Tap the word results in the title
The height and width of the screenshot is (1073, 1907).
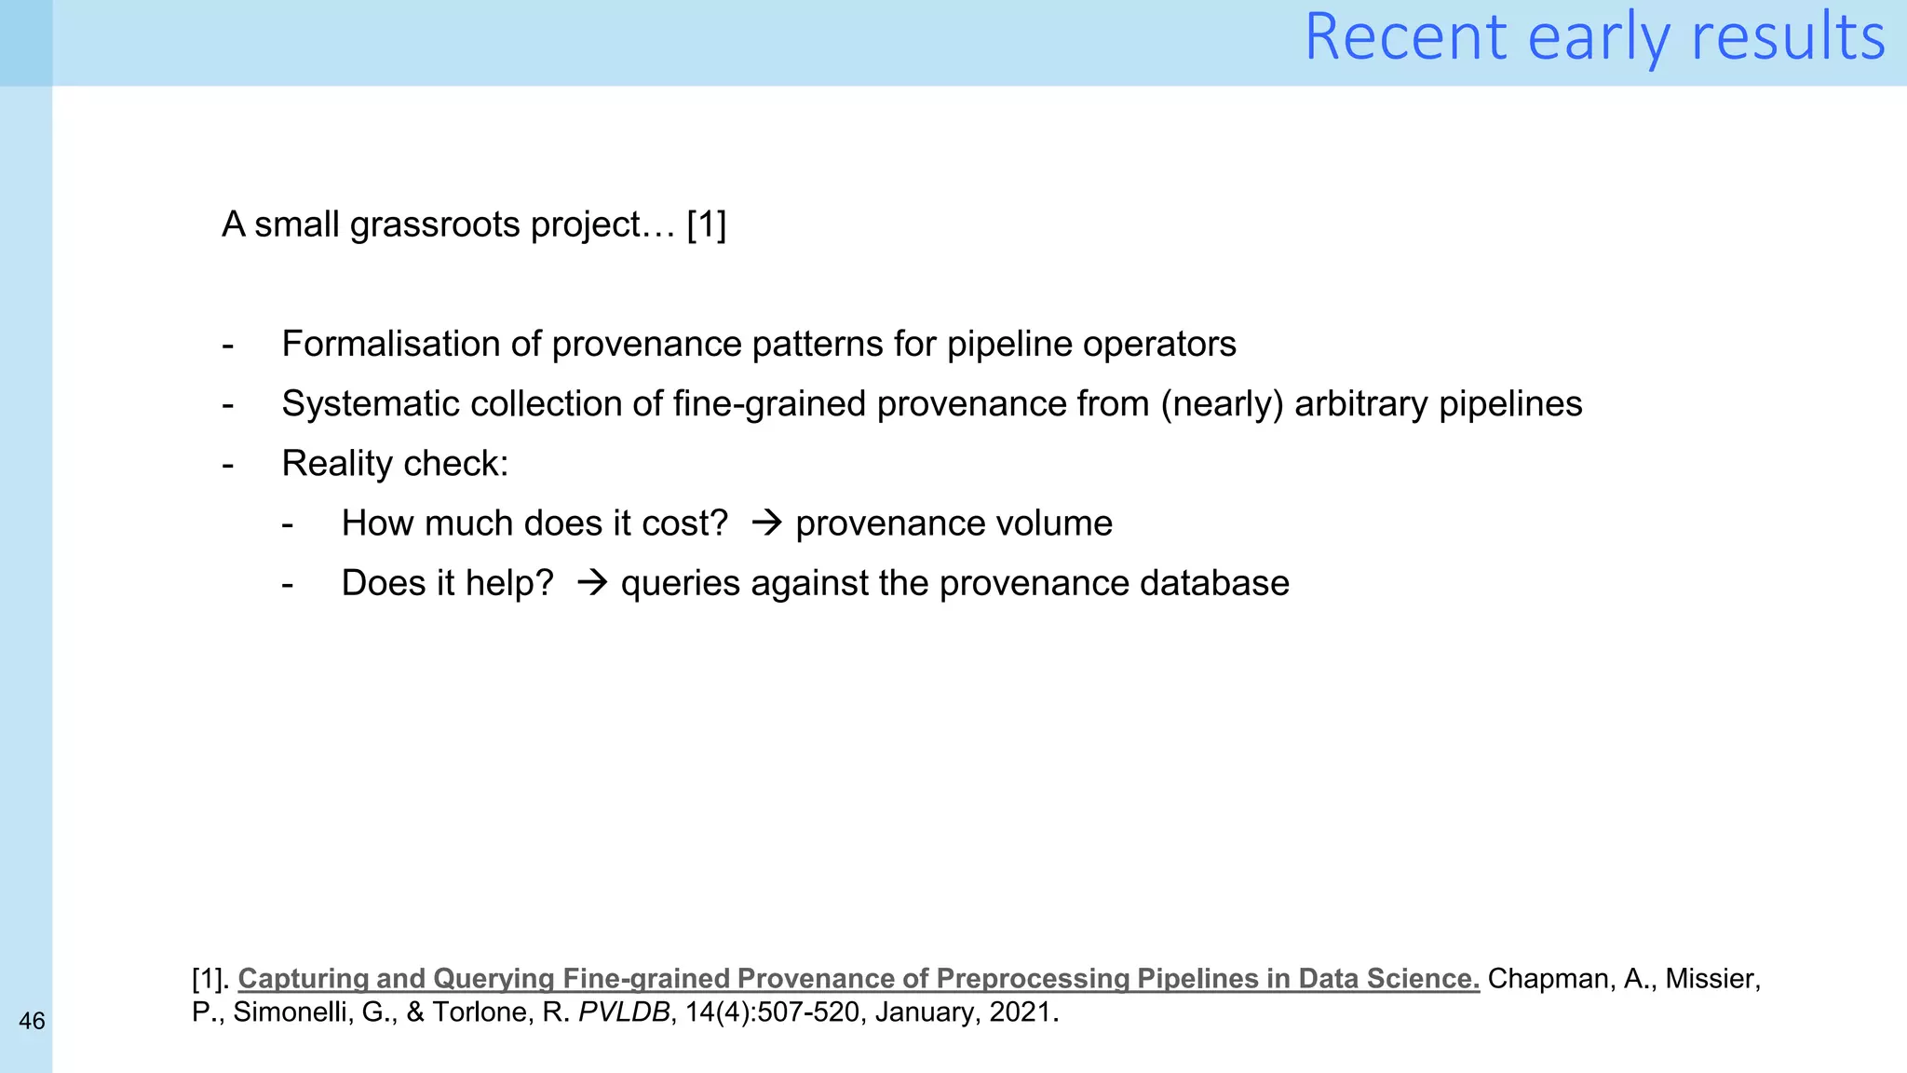click(1788, 37)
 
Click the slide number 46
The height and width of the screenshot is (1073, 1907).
click(32, 1022)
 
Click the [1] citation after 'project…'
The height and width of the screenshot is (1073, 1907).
click(706, 225)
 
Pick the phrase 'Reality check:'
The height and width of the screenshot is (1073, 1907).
click(395, 464)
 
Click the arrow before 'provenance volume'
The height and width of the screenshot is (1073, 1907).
click(766, 523)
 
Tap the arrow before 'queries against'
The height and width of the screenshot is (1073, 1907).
click(592, 583)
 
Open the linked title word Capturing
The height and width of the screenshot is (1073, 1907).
click(304, 979)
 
